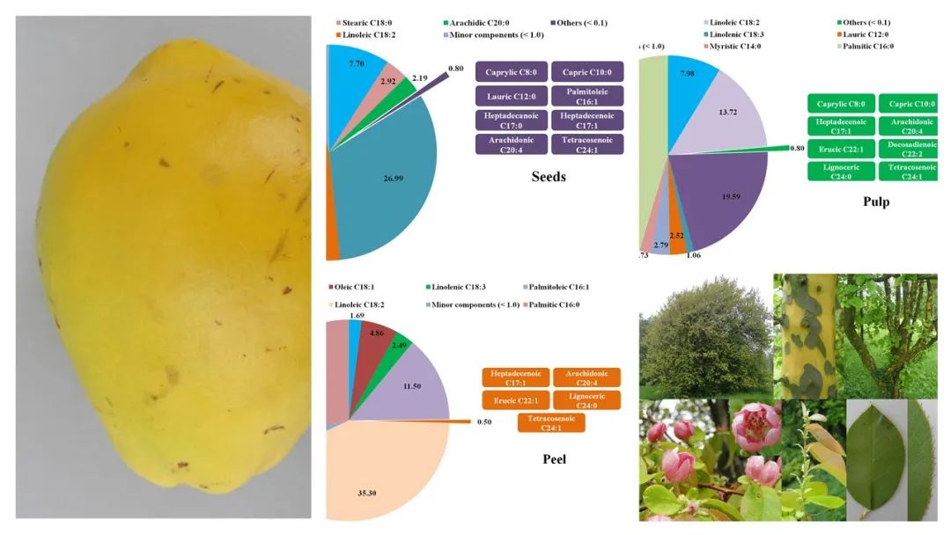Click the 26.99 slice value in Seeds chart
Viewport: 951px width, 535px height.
click(x=384, y=180)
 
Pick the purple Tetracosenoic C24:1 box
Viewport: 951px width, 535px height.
click(x=587, y=143)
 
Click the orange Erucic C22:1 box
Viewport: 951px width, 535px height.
click(x=516, y=400)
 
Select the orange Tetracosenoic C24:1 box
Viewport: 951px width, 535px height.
click(x=551, y=422)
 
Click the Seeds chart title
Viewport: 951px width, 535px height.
click(x=549, y=177)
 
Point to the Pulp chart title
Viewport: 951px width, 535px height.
click(x=875, y=202)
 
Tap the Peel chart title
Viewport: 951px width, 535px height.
click(x=554, y=458)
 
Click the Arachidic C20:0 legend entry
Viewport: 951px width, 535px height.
click(x=483, y=22)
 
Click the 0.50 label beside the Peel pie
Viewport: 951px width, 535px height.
click(x=483, y=421)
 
